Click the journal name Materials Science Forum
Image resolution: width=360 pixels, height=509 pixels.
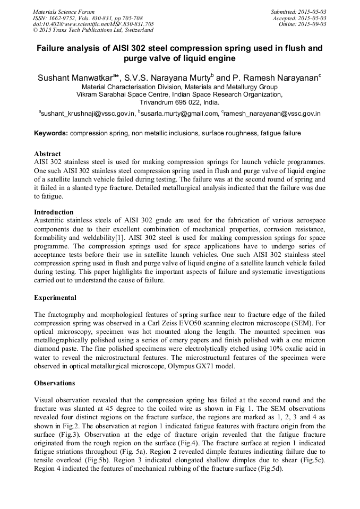pyautogui.click(x=64, y=12)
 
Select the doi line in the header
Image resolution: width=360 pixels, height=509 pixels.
pyautogui.click(x=93, y=24)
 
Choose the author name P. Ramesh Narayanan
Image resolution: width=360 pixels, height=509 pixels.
pyautogui.click(x=276, y=78)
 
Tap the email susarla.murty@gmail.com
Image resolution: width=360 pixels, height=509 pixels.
pyautogui.click(x=180, y=113)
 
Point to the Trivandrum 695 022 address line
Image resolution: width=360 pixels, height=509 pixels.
pyautogui.click(x=179, y=102)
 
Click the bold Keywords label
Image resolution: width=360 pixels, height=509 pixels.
pyautogui.click(x=51, y=133)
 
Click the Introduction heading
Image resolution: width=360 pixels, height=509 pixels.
pyautogui.click(x=54, y=212)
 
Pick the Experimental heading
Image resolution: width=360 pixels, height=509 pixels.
pyautogui.click(x=55, y=298)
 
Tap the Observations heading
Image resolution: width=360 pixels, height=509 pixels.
pyautogui.click(x=55, y=383)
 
